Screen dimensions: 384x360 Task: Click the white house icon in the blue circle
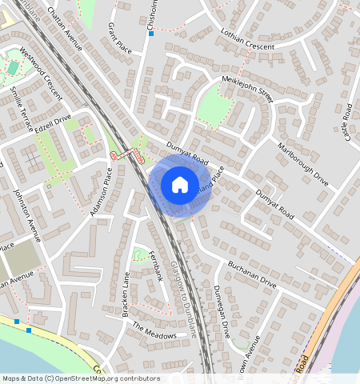[180, 185]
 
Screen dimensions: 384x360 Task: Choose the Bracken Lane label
[126, 295]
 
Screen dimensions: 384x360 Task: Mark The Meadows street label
[154, 331]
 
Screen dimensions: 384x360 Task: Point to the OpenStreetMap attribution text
[81, 378]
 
